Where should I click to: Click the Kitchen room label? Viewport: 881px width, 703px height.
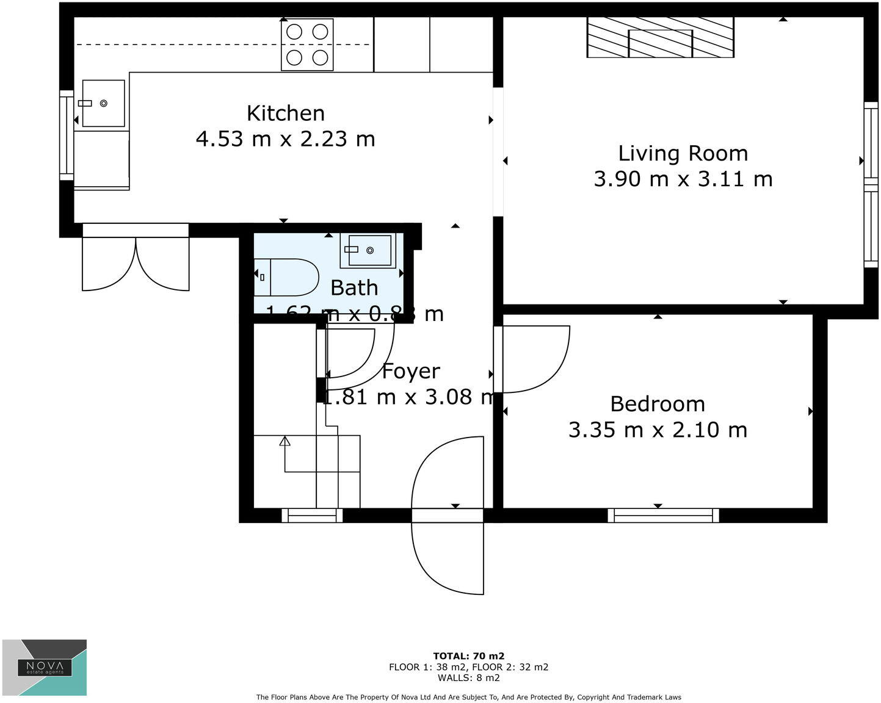(285, 114)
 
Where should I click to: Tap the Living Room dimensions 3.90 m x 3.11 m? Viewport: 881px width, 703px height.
(683, 179)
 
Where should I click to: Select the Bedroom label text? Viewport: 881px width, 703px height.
(658, 404)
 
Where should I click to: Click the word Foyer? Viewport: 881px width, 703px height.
(410, 371)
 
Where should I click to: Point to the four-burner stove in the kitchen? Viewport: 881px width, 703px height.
(307, 45)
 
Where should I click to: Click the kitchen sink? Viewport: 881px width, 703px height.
(103, 104)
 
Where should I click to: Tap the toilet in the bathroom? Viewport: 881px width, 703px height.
(287, 278)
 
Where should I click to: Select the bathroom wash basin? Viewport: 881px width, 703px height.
(368, 250)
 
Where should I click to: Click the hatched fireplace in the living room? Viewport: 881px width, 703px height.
(660, 38)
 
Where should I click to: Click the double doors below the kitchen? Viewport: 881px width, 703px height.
(136, 259)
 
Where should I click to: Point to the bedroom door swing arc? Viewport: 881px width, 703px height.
(537, 360)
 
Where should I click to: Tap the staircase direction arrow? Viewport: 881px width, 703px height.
(285, 442)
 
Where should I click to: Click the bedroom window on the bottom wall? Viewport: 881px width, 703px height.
(663, 516)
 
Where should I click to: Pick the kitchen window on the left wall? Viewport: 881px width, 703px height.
(66, 135)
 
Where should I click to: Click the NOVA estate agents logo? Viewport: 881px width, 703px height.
(45, 668)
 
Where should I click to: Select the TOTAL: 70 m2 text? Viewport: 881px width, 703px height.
(468, 657)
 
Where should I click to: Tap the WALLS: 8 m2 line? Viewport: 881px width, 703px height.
(468, 677)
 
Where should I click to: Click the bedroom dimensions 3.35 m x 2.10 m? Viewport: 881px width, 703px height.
(658, 430)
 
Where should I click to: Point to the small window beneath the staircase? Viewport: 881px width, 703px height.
(312, 516)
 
